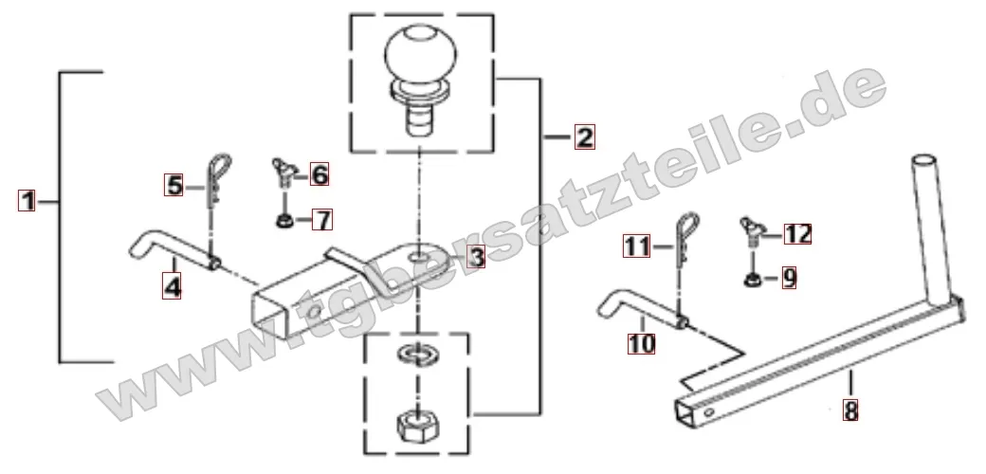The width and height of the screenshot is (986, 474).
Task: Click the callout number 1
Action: (x=27, y=201)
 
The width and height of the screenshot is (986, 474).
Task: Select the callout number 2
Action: (x=584, y=137)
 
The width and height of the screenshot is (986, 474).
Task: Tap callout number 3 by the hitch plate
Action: (x=476, y=257)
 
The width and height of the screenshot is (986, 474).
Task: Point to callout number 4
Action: (x=173, y=286)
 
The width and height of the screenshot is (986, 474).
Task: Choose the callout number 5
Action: (x=174, y=186)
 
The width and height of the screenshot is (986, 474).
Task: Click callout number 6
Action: (x=320, y=174)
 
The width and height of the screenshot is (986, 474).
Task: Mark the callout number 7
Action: (x=322, y=220)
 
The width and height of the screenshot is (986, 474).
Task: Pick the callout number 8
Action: (x=850, y=411)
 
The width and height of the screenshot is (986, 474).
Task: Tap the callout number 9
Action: (x=789, y=277)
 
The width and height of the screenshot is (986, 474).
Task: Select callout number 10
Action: (x=642, y=344)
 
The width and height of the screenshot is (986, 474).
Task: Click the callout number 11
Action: (x=637, y=246)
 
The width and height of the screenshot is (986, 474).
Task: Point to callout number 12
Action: (x=797, y=234)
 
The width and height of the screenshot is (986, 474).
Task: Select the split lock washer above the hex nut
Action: (x=415, y=354)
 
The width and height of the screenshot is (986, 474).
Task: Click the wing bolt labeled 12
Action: (x=752, y=233)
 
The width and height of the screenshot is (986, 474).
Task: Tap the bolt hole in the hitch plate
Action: (x=417, y=257)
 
